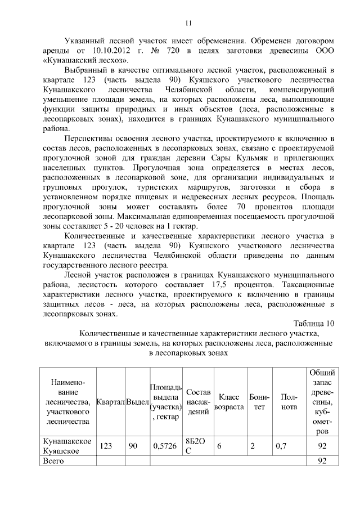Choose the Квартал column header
click(x=111, y=401)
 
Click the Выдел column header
click(x=137, y=401)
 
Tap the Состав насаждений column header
click(x=198, y=401)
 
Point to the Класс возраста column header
click(x=229, y=401)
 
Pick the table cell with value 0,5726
click(x=165, y=446)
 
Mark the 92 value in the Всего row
click(x=322, y=461)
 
